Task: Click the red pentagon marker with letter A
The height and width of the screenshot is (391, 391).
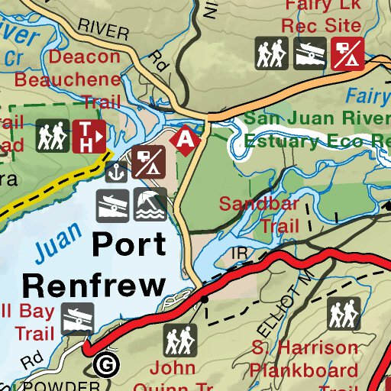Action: click(x=186, y=139)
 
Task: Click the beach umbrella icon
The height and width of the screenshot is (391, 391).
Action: click(x=150, y=204)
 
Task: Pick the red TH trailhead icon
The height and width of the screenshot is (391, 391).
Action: click(x=89, y=137)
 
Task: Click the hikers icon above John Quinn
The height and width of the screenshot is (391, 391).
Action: click(x=181, y=340)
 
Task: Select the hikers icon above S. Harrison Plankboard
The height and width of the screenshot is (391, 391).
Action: click(x=344, y=313)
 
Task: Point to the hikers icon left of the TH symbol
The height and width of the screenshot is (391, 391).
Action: click(x=53, y=137)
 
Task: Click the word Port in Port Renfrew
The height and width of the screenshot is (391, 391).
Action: click(x=128, y=245)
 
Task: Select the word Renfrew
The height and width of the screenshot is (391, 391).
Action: click(x=93, y=285)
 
